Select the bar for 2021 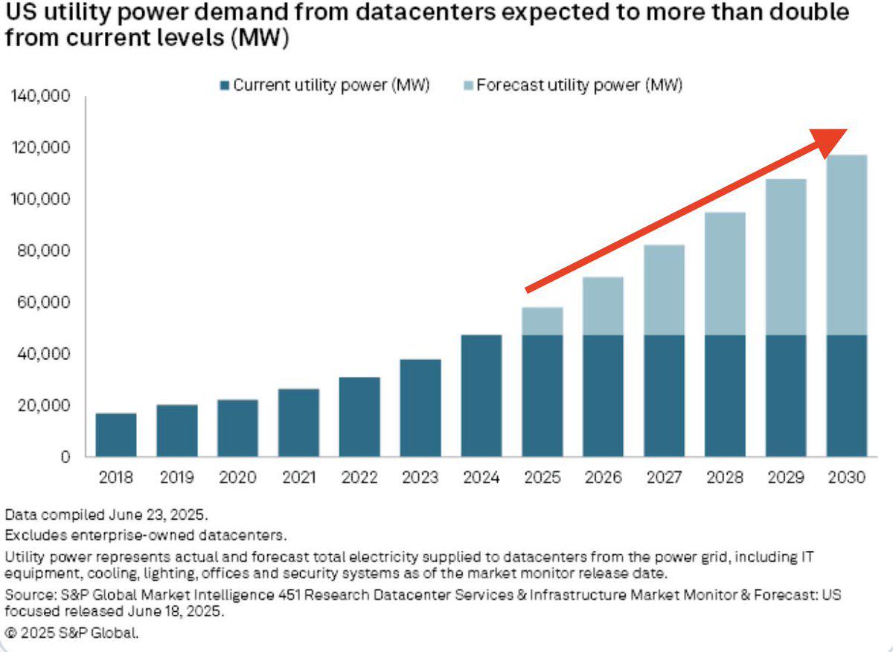tap(299, 422)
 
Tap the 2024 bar tap(481, 396)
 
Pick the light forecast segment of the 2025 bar tap(542, 321)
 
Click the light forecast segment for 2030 tap(847, 245)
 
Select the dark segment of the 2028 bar tap(726, 396)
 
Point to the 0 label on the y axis tap(65, 457)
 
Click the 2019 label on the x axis tap(177, 477)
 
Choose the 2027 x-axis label tap(665, 477)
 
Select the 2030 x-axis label tap(847, 477)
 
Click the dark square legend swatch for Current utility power tap(226, 85)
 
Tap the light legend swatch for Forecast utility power tap(468, 85)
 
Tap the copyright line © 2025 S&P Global tap(72, 633)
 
